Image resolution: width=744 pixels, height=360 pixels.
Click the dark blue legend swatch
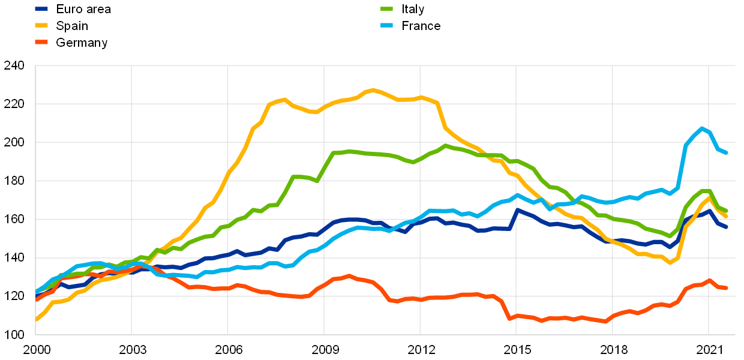click(x=41, y=9)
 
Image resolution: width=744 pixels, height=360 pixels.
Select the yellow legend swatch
click(x=41, y=25)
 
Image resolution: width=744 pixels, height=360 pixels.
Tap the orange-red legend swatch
click(x=41, y=42)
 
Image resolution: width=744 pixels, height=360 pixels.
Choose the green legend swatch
click(x=387, y=9)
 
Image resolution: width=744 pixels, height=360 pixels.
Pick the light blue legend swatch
click(x=387, y=25)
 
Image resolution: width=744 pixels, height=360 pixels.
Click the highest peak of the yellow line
click(x=373, y=90)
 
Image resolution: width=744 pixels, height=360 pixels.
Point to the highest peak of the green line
click(x=445, y=145)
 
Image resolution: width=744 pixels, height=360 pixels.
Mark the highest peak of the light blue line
click(x=701, y=128)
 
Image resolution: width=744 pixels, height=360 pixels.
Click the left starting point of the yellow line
click(x=36, y=319)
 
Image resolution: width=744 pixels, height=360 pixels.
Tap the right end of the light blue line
click(x=726, y=152)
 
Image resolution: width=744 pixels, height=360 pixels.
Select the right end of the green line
click(x=726, y=211)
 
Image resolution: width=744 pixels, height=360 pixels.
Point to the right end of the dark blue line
click(x=726, y=227)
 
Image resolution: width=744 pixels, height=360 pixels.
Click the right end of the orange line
click(x=726, y=288)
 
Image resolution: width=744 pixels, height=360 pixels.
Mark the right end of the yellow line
click(x=726, y=216)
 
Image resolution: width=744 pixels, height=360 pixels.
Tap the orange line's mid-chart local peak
click(x=349, y=276)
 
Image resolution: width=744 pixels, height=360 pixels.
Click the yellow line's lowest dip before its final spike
click(x=670, y=263)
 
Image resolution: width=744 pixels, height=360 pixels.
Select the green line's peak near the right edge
click(x=706, y=191)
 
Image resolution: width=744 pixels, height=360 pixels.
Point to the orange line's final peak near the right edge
click(x=710, y=280)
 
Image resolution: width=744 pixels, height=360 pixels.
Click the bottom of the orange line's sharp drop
click(x=509, y=319)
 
